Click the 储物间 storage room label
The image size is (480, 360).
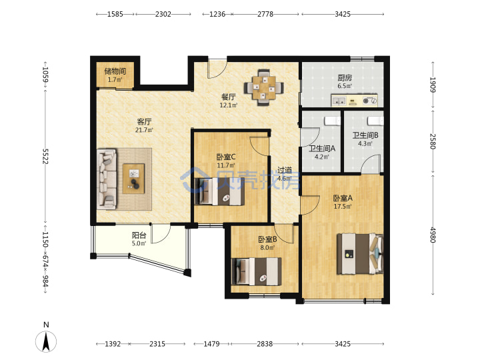[x=115, y=71]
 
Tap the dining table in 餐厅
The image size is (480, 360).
[x=263, y=87]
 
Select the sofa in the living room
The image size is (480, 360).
[x=107, y=179]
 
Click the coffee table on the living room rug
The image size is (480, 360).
[x=133, y=179]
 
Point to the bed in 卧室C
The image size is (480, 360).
[x=219, y=191]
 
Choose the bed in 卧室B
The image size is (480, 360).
[x=256, y=271]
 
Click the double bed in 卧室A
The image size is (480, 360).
[x=360, y=254]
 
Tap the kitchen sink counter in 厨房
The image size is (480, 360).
[x=354, y=101]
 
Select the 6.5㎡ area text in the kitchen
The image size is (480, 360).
[x=345, y=86]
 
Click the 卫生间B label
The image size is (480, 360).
[x=365, y=135]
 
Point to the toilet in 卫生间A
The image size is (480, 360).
[x=332, y=121]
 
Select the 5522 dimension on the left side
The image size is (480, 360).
[x=45, y=156]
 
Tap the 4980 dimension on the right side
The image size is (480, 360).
[x=433, y=235]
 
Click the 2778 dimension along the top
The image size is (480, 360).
[x=265, y=14]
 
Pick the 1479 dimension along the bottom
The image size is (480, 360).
[x=211, y=344]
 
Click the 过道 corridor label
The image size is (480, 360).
[x=285, y=170]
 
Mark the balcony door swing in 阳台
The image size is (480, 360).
[x=161, y=233]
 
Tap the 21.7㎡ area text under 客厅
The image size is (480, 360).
[x=144, y=130]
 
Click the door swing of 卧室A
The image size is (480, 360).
[x=310, y=205]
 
